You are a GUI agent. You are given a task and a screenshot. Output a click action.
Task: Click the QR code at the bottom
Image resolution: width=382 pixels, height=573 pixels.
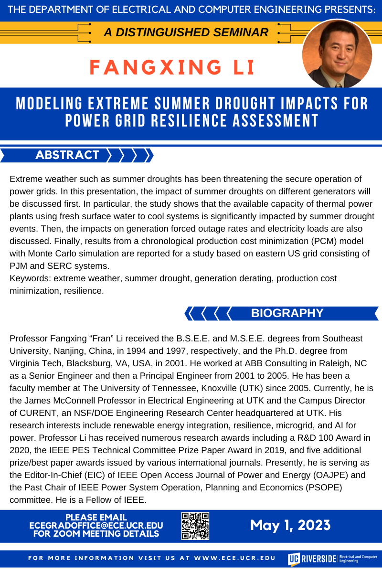[195, 526]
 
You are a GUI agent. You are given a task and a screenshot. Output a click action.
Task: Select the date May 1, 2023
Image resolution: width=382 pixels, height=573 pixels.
[290, 525]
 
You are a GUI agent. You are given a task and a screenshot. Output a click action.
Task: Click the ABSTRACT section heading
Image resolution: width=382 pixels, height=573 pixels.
[67, 155]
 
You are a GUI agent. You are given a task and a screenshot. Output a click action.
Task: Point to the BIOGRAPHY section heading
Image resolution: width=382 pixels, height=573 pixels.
[287, 313]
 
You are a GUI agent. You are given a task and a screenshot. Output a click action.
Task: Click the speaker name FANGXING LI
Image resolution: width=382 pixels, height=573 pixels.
[172, 67]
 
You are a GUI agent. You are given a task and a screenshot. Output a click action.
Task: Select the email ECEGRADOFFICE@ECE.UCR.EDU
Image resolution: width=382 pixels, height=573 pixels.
[96, 525]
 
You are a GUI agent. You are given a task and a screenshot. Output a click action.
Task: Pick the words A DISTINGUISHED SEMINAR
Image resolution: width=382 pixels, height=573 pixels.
[186, 32]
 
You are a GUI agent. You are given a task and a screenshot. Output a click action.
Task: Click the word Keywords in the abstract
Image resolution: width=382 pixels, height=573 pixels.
[29, 278]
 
